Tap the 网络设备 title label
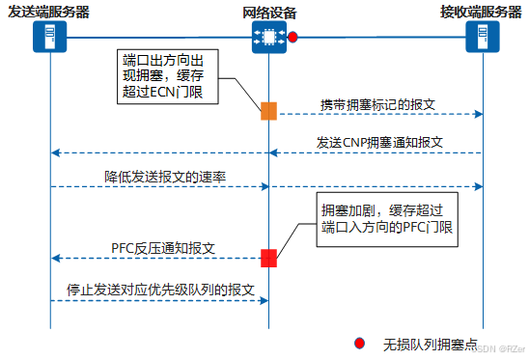point(269,12)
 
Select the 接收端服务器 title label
point(482,12)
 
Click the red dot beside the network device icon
point(292,38)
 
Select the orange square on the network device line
point(268,111)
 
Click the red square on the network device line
point(268,257)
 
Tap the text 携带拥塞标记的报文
point(379,103)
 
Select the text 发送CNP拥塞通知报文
point(379,141)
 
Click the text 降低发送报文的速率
point(165,177)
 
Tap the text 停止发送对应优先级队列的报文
point(160,290)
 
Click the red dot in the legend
point(359,343)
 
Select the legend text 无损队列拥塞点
point(431,344)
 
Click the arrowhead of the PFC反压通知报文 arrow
point(55,258)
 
